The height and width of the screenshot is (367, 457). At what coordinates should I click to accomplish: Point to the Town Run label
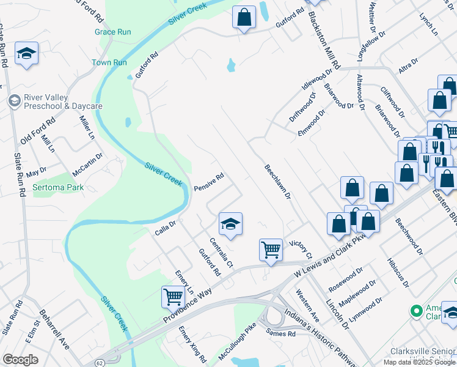click(x=109, y=62)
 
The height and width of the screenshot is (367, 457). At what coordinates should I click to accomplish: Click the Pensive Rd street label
click(x=210, y=182)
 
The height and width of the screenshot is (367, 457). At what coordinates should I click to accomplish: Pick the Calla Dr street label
click(x=165, y=229)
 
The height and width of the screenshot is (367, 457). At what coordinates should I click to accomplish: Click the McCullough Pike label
click(x=236, y=346)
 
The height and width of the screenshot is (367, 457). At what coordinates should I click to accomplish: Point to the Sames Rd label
click(x=281, y=333)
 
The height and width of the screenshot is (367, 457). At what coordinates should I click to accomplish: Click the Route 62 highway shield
click(x=99, y=362)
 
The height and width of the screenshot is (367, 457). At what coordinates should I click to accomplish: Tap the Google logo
click(x=20, y=360)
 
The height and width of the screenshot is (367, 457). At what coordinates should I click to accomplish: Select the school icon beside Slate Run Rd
click(x=27, y=54)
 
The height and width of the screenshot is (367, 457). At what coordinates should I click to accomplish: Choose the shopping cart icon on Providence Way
click(x=174, y=297)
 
